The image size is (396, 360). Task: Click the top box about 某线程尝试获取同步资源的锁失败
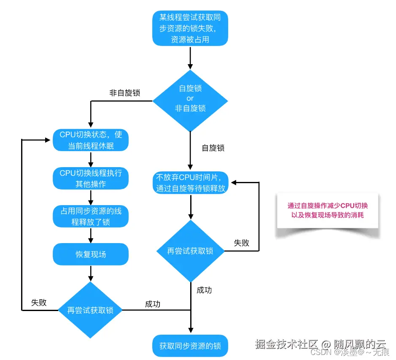190,29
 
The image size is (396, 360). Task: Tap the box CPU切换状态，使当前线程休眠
91,141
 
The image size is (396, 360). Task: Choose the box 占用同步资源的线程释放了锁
91,216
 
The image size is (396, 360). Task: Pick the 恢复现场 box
91,254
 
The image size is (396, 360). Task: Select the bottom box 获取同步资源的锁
190,346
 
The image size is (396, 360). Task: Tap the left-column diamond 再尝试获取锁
90,310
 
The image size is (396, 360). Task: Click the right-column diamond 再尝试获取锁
190,251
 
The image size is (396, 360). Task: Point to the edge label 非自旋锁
125,93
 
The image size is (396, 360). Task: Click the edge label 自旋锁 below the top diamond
213,148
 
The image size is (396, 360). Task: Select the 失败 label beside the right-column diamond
241,243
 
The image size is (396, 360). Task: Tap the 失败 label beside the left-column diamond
39,303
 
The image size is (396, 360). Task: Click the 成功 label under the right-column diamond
204,290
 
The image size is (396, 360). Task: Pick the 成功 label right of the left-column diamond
153,304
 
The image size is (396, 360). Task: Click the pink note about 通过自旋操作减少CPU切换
328,210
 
